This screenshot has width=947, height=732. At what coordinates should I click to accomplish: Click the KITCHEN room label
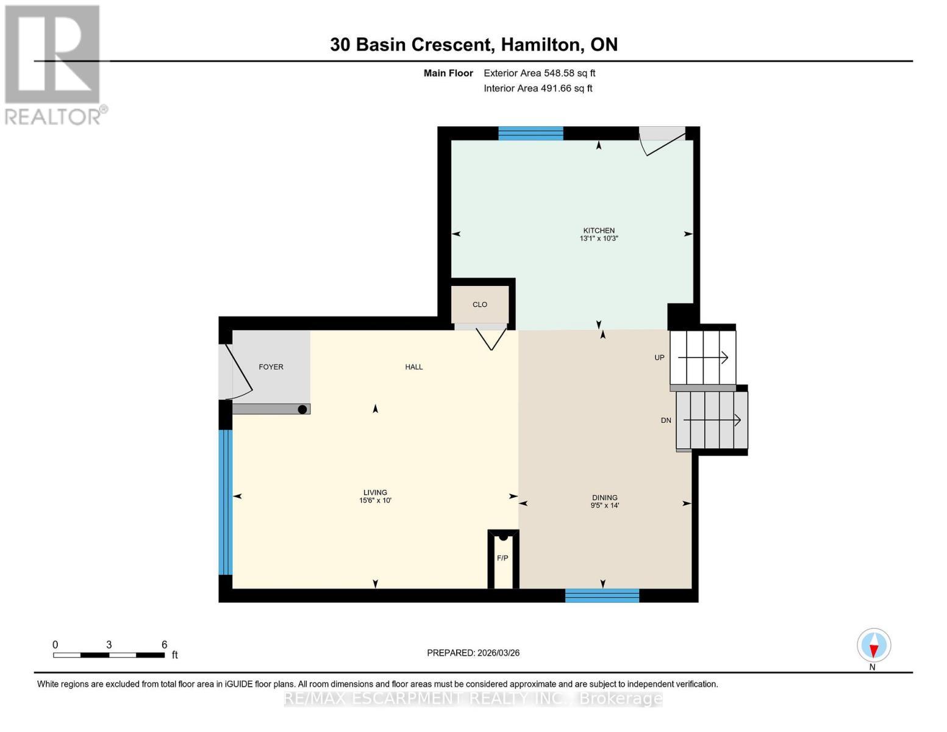pos(598,231)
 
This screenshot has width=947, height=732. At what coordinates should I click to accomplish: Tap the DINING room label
pos(604,498)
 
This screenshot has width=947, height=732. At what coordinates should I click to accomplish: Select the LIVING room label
pos(375,493)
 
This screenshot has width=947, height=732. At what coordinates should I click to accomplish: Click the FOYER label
pos(271,367)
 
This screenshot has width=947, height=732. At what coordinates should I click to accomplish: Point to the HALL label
pos(413,367)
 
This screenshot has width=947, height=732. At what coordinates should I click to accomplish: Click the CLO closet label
pos(480,304)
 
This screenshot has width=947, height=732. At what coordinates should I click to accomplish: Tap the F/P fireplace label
pos(502,558)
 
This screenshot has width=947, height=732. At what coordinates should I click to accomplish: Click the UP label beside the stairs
pos(659,357)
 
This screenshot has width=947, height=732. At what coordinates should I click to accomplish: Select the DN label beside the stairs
pos(666,420)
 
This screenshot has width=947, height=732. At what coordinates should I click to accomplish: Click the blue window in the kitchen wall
pos(531,133)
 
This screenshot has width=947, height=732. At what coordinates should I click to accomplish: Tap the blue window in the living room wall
pos(226,502)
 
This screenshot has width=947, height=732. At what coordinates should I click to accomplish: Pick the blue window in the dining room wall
pos(602,596)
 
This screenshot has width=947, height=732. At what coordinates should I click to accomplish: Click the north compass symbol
pos(874,645)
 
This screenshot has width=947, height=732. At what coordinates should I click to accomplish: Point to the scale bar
pos(109,655)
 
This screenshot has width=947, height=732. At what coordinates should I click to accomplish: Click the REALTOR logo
pos(54,64)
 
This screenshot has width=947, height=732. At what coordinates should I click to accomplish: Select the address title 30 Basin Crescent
pos(473,45)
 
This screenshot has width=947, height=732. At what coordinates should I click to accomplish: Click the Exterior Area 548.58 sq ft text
pos(539,73)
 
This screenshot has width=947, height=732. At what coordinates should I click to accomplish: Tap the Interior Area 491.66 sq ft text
pos(538,88)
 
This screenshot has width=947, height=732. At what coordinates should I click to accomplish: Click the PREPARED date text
pos(473,653)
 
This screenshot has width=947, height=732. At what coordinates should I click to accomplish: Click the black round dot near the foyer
pos(302,409)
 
